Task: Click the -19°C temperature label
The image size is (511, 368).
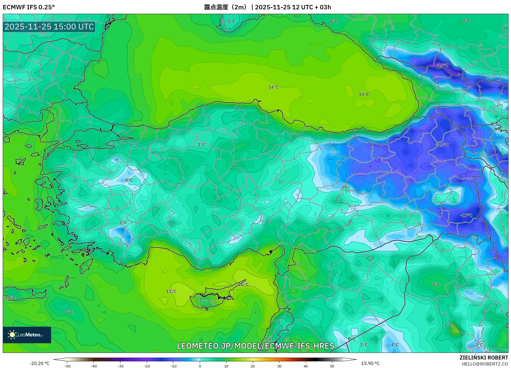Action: [442, 65]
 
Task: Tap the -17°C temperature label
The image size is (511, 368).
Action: [466, 215]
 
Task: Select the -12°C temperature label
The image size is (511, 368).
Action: [442, 145]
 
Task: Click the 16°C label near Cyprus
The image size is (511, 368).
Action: [243, 284]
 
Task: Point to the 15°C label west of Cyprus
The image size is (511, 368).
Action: [171, 291]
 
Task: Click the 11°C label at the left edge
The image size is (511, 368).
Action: [10, 298]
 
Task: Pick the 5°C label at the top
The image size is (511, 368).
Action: [231, 21]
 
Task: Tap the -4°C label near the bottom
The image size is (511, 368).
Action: [394, 345]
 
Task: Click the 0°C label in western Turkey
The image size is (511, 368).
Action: [129, 180]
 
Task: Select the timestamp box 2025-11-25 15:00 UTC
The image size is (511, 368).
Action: [49, 27]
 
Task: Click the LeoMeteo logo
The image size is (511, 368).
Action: [27, 335]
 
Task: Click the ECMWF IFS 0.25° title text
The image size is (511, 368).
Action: [29, 7]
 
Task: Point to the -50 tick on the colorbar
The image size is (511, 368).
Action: [67, 366]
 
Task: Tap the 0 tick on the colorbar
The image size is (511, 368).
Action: [200, 366]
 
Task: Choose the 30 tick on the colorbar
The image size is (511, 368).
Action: [279, 366]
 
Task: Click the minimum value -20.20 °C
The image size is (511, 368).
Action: [40, 363]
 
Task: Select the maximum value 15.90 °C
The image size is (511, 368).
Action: [370, 363]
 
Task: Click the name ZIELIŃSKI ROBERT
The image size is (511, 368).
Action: [484, 358]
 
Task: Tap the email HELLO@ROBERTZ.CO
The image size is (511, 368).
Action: [485, 364]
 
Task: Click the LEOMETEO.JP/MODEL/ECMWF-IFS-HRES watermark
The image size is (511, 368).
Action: [255, 346]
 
